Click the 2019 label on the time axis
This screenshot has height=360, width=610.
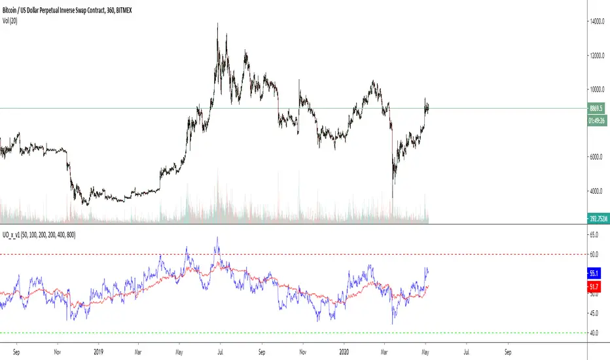[98, 350]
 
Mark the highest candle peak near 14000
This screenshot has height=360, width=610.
[217, 24]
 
